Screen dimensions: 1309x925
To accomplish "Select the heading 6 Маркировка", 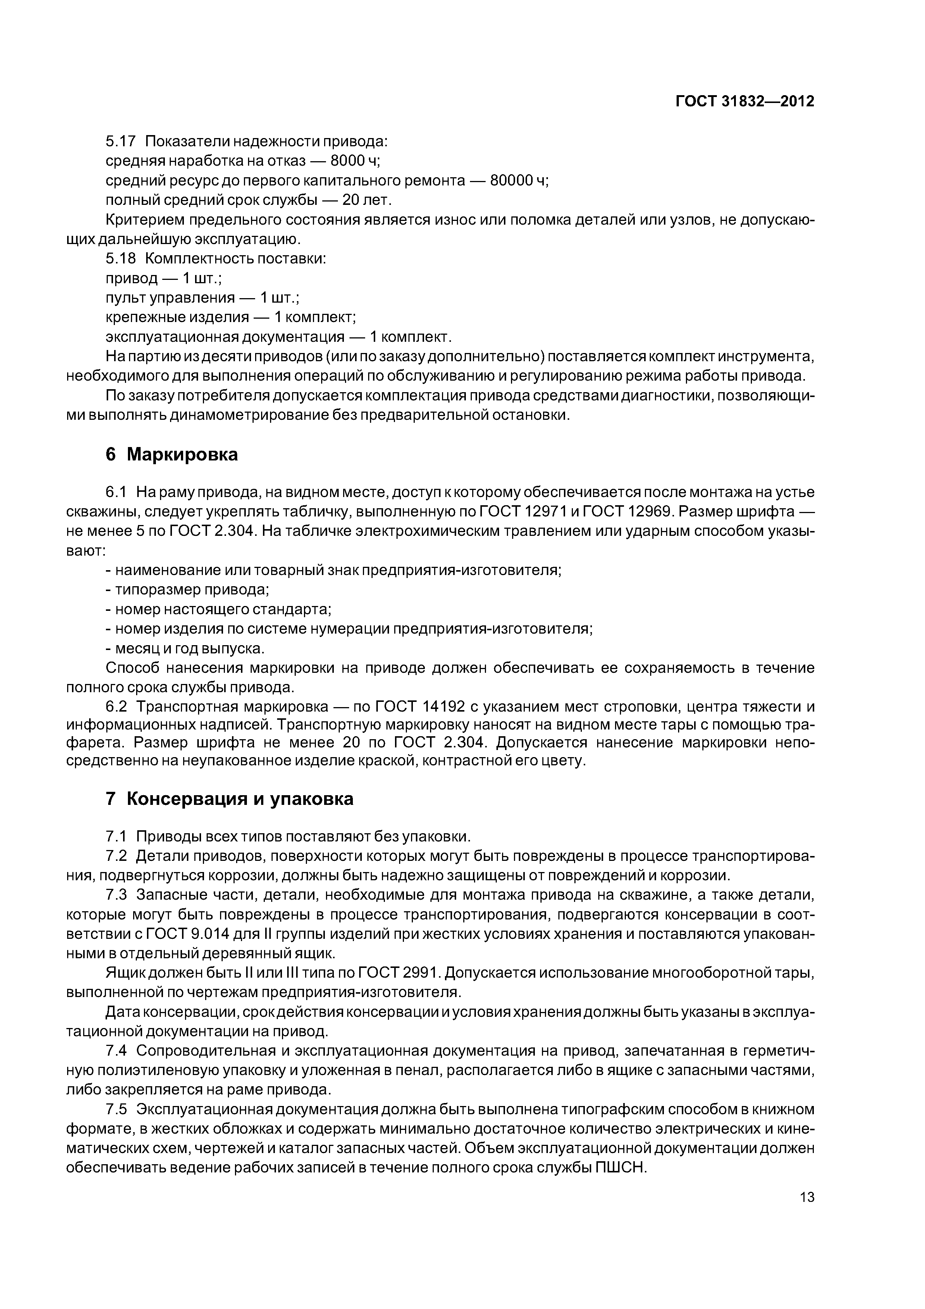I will [172, 454].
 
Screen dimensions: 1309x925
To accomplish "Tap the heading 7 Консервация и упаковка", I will [230, 799].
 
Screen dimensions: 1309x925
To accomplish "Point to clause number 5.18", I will [121, 258].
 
